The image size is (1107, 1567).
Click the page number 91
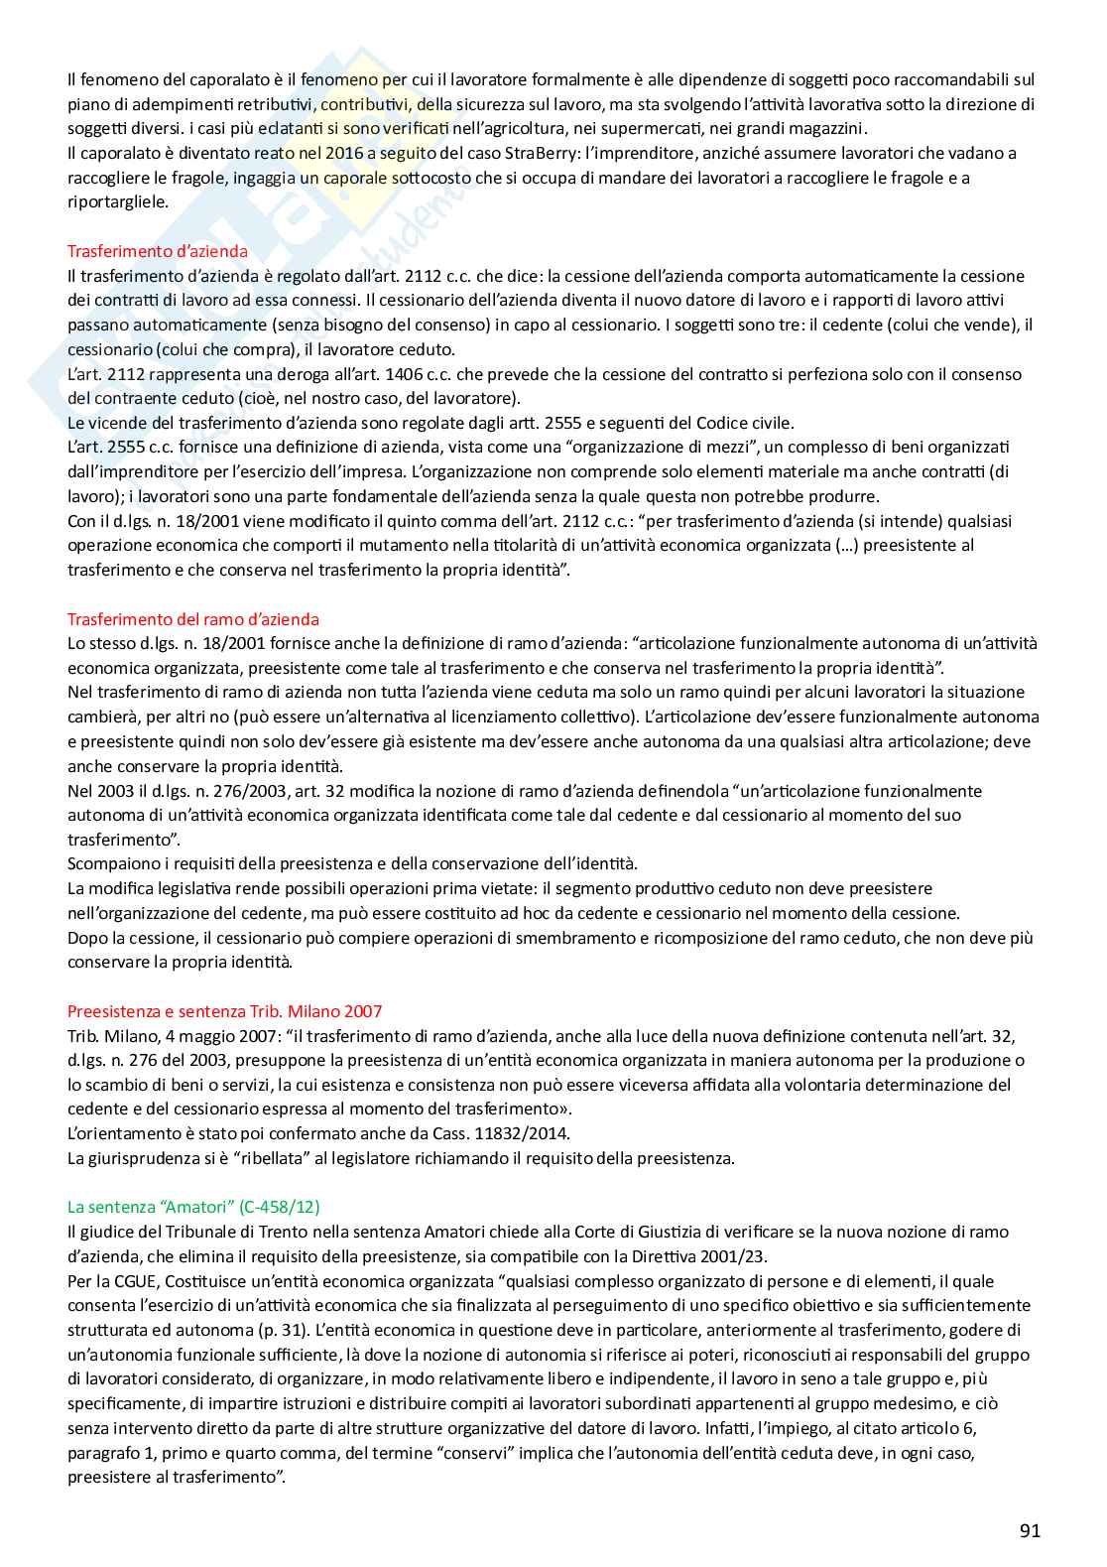(x=1030, y=1530)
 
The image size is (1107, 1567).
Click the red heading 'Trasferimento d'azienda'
(x=158, y=251)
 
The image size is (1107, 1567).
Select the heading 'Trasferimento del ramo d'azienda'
(x=193, y=619)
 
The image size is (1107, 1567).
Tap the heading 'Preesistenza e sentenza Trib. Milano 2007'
(x=224, y=1011)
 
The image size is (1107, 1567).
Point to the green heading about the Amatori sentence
(x=193, y=1207)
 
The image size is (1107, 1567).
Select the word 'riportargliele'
(x=118, y=202)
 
